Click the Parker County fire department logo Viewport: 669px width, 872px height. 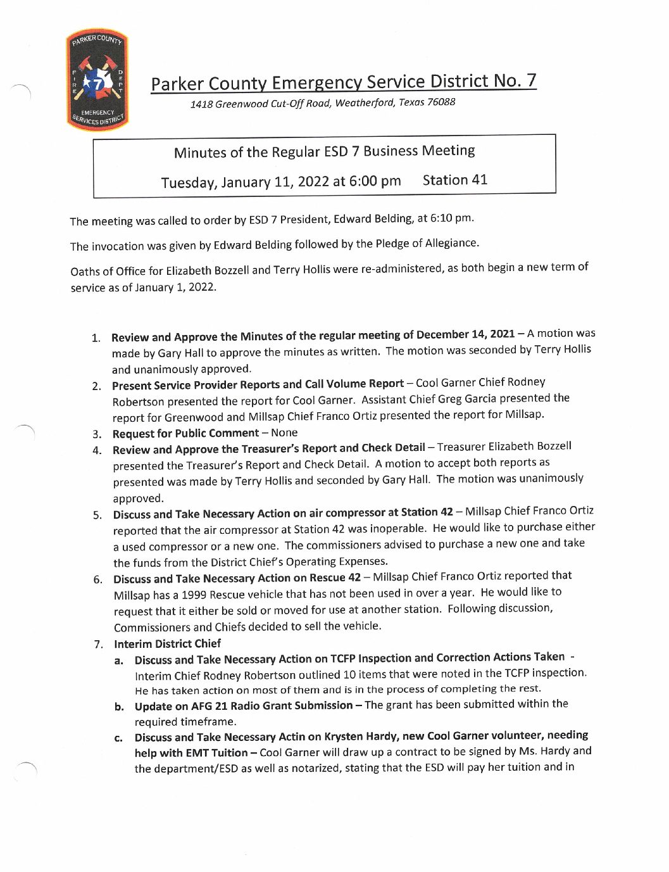97,80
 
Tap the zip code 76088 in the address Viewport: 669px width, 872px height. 441,102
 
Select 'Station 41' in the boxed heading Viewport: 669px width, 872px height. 454,180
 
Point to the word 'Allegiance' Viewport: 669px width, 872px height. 451,243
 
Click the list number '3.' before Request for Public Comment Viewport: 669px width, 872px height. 97,434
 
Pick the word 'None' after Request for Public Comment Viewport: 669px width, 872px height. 284,433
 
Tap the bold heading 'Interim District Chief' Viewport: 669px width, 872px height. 167,644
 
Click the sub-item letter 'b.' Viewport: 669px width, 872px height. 119,707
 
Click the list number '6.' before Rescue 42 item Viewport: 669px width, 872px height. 98,579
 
